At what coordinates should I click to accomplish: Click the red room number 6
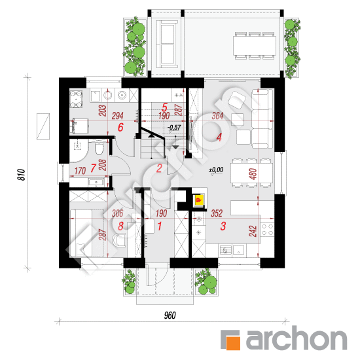click(x=120, y=127)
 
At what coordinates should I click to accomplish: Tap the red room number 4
click(x=219, y=137)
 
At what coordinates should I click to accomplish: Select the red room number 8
click(x=120, y=226)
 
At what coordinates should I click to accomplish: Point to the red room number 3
click(x=223, y=226)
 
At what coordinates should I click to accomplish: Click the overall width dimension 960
click(x=170, y=315)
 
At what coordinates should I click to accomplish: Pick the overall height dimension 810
click(x=22, y=175)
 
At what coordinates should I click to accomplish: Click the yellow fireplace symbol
click(x=198, y=200)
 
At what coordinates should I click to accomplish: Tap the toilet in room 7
click(x=99, y=149)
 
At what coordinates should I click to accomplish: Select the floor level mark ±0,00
click(x=216, y=170)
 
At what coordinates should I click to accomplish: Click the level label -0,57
click(x=174, y=128)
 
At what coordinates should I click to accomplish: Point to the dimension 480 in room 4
click(x=253, y=174)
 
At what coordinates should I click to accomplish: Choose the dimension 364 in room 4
click(x=217, y=115)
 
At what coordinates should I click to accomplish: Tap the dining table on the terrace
click(x=255, y=45)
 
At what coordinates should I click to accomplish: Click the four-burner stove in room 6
click(x=76, y=99)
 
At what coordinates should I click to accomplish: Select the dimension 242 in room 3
click(x=253, y=231)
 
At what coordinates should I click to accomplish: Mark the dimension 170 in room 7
click(x=80, y=171)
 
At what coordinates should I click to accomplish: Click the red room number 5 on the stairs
click(x=164, y=107)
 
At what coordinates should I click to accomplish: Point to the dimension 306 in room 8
click(x=118, y=213)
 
